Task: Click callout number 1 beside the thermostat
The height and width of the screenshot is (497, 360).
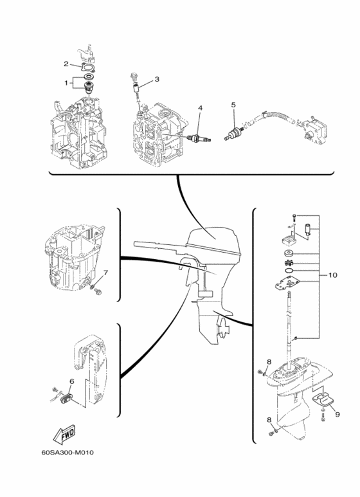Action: pos(66,82)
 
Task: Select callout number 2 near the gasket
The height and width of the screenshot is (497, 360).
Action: pos(66,64)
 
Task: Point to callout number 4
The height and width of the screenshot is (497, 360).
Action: pos(200,107)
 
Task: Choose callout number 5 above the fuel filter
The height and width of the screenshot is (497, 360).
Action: pos(233,104)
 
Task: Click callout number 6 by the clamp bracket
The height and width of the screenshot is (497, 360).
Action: pos(72,381)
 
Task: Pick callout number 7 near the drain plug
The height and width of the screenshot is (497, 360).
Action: pos(106,272)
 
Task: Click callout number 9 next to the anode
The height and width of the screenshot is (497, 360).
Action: pos(337,415)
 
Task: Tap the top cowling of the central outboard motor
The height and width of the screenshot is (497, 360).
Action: pos(209,241)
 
